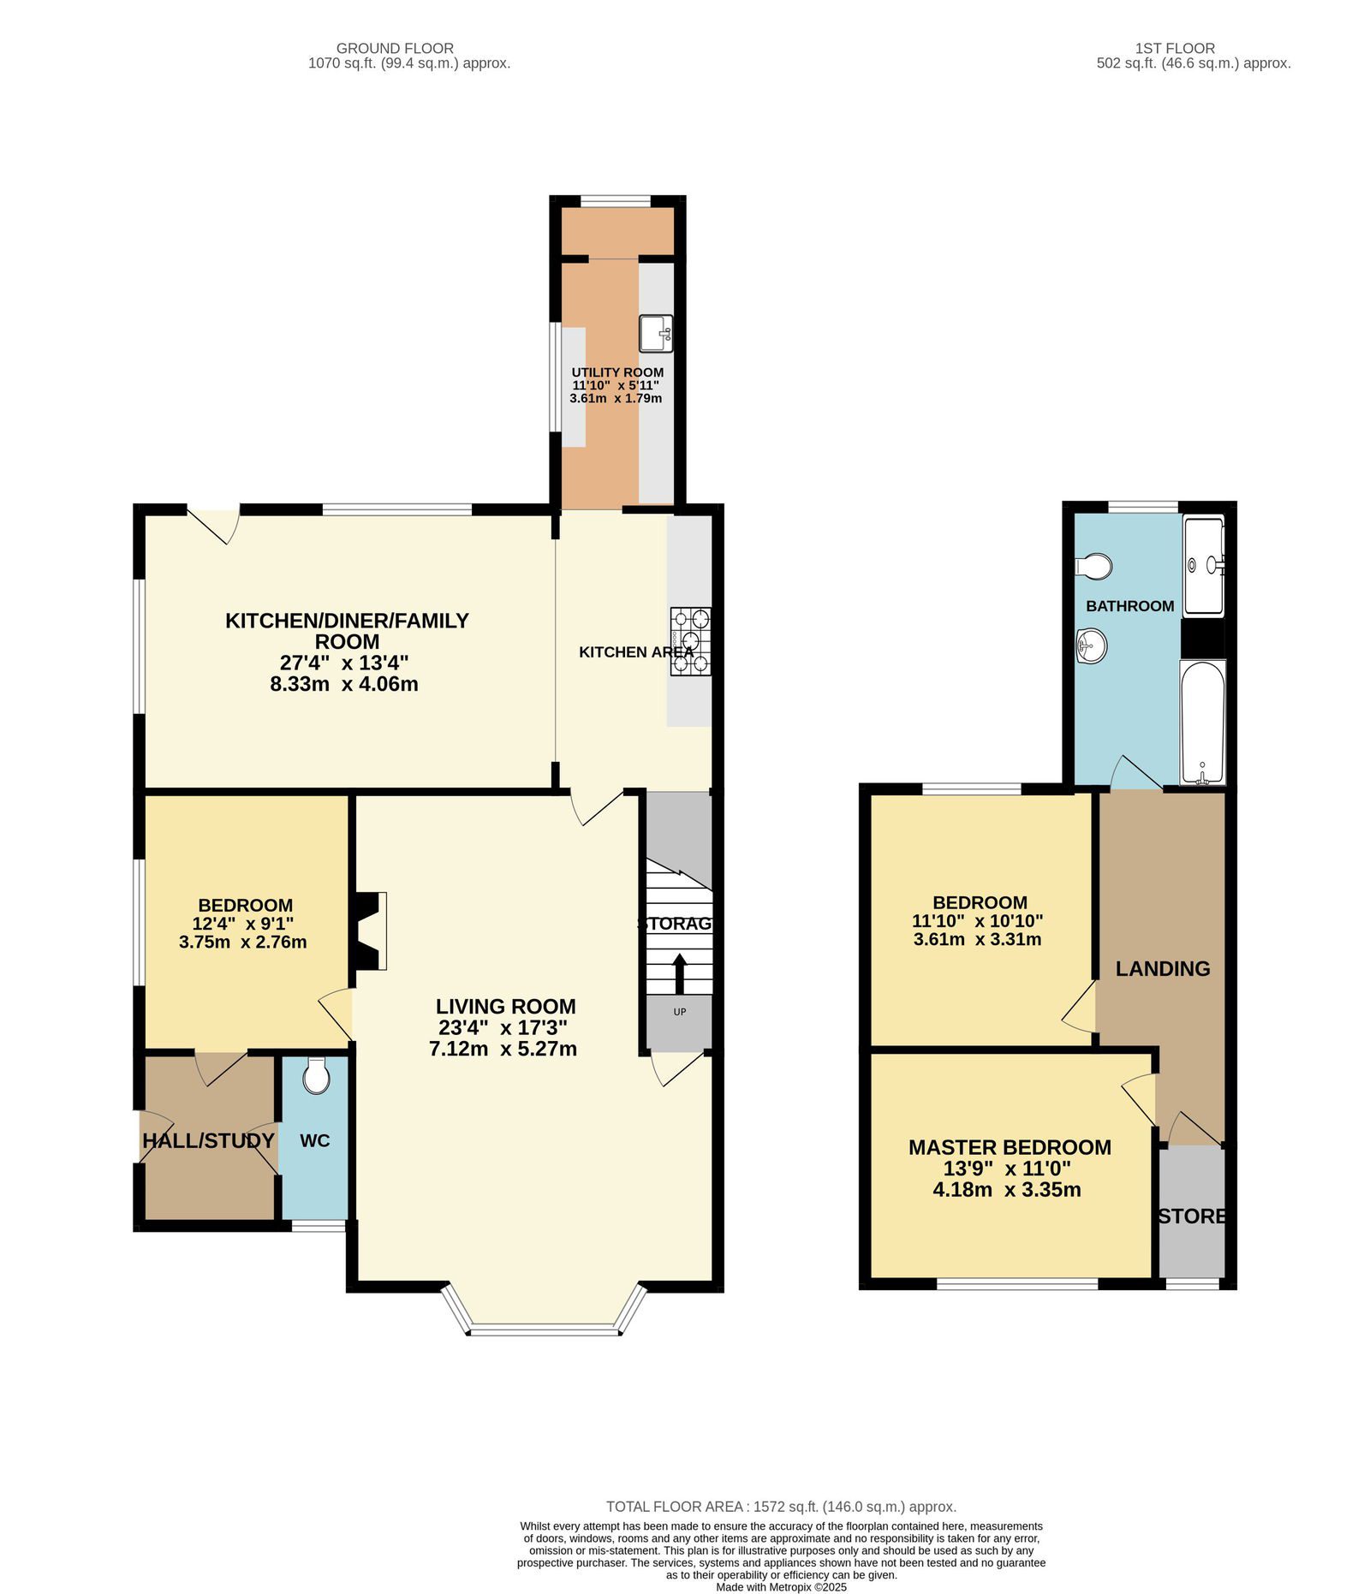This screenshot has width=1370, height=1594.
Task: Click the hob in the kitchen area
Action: coord(690,641)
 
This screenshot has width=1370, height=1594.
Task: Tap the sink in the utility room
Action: coord(656,334)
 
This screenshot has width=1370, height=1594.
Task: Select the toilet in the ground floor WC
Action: coord(316,1076)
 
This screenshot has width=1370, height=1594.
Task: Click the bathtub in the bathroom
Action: coord(1202,723)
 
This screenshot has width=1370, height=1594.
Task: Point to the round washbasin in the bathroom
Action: coord(1091,645)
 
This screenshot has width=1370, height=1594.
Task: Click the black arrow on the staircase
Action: coord(680,972)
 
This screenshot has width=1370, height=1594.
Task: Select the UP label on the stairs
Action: coord(680,1012)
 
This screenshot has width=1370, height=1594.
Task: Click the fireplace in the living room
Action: coord(370,931)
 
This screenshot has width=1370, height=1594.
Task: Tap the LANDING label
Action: coord(1162,968)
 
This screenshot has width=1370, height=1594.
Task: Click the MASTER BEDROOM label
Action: coord(1010,1147)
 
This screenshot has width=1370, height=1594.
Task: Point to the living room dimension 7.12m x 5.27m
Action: coord(503,1049)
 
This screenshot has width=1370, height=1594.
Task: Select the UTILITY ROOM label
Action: coord(617,372)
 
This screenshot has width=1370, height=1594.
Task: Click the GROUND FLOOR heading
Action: coord(395,48)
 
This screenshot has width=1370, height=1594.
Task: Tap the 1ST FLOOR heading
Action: coord(1175,48)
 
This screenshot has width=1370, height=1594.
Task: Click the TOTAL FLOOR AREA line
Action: coord(781,1507)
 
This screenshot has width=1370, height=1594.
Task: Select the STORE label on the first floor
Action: coord(1192,1216)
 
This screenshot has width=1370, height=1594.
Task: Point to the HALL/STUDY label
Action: coord(208,1140)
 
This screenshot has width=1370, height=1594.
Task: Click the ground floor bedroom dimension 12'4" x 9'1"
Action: coord(243,924)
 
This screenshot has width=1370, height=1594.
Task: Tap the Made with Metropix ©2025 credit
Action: coord(781,1587)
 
